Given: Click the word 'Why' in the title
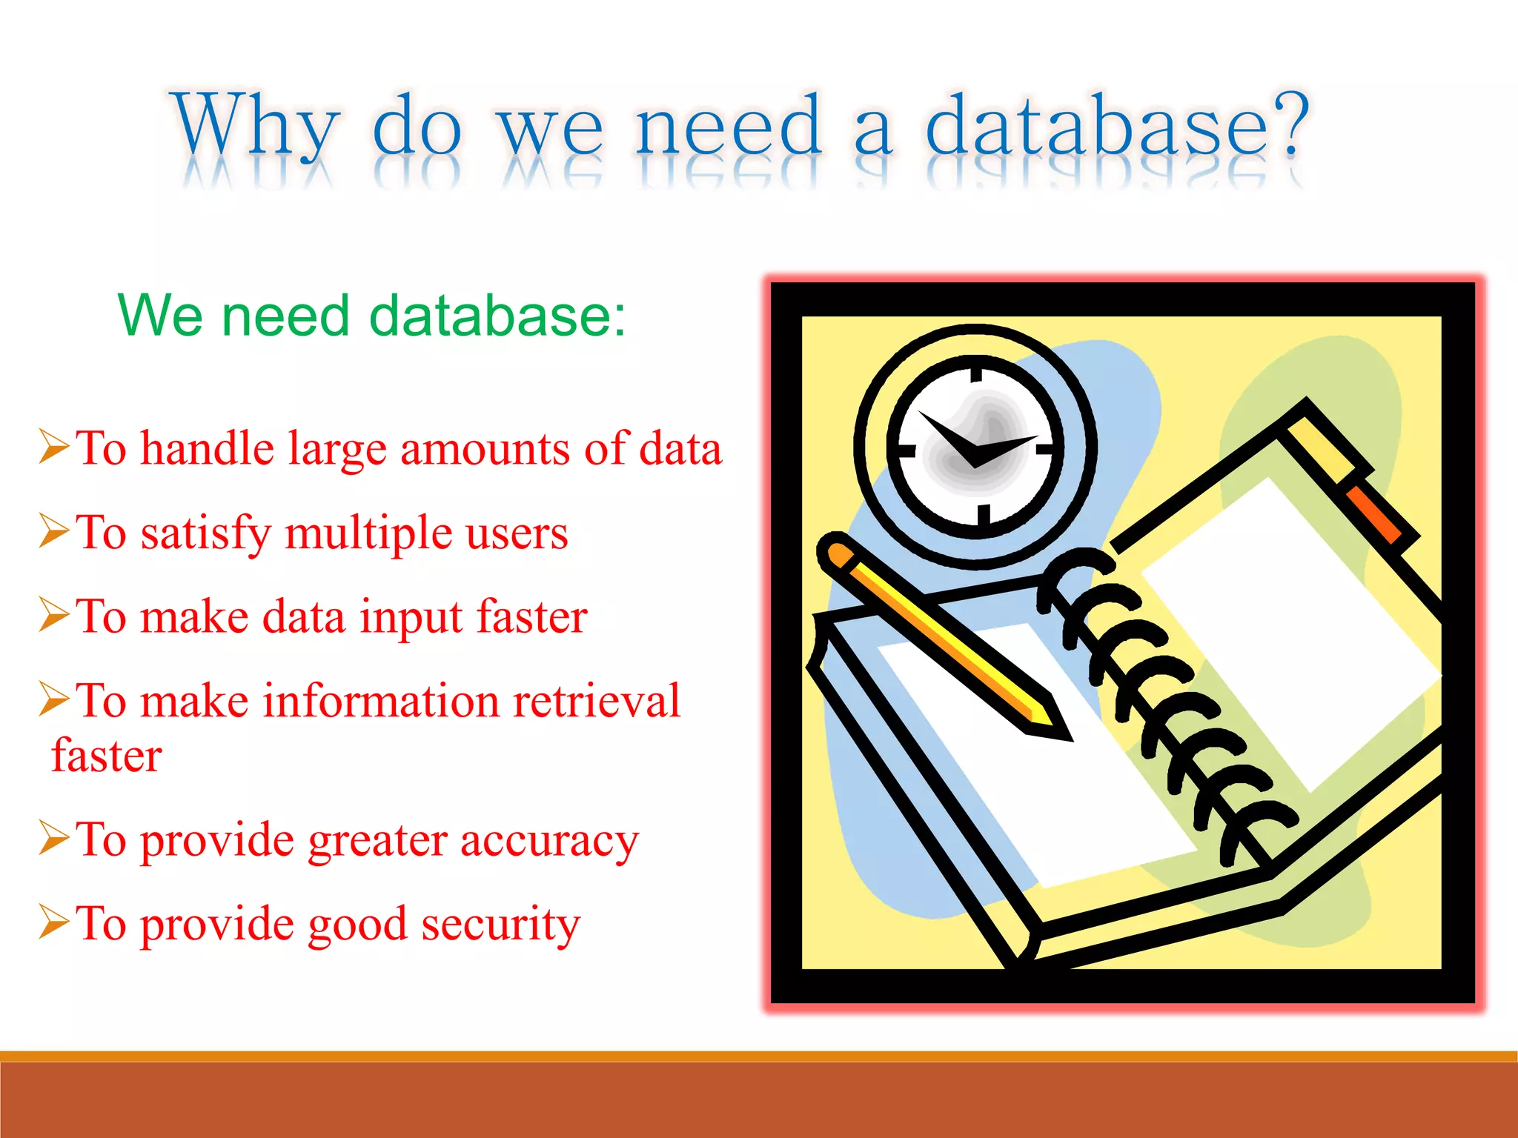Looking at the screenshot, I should point(256,126).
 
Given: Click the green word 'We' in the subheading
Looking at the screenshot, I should point(159,316).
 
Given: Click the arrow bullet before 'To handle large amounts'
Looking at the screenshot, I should point(54,446).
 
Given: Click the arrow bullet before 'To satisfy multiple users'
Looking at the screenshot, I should point(54,530).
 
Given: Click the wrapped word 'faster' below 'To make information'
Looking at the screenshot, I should point(107,756).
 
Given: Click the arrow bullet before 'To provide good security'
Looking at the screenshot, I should point(54,922).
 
